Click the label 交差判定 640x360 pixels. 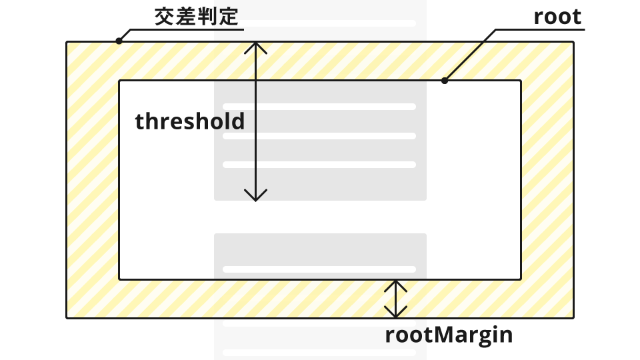(196, 17)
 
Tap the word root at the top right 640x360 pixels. (557, 17)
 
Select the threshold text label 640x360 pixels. (190, 121)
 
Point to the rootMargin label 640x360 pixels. (449, 335)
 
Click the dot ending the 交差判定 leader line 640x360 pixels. (119, 41)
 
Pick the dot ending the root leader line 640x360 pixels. (445, 81)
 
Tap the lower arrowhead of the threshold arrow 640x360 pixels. (255, 197)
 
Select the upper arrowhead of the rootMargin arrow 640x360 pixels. (396, 283)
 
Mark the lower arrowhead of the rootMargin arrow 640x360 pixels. (396, 314)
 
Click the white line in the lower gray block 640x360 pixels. (319, 269)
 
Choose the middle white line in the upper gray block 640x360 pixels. (319, 136)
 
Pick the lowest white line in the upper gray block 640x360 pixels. (319, 164)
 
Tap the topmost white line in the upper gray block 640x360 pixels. (319, 106)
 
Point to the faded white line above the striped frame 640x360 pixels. (319, 23)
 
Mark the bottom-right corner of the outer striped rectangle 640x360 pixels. (573, 318)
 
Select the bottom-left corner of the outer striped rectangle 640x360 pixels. (67, 318)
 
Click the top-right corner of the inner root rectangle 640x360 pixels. (521, 81)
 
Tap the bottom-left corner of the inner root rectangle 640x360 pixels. (119, 279)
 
